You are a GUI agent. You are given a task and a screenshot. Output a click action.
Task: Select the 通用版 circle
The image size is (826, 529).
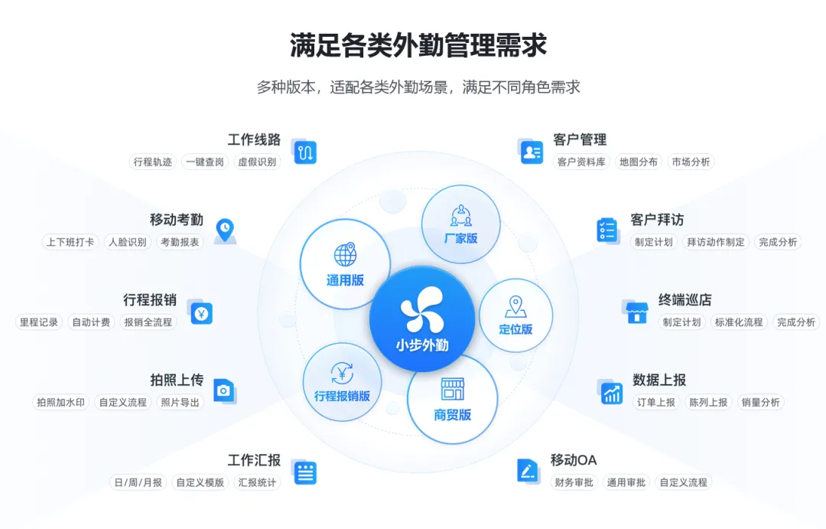point(345,264)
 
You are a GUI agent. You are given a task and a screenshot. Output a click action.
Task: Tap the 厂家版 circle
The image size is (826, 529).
point(460,224)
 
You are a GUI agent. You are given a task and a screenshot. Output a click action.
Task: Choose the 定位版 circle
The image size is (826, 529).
point(515,315)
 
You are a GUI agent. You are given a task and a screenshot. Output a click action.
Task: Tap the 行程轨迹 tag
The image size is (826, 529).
point(153,162)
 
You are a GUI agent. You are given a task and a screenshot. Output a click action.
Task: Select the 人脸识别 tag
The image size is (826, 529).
point(127,242)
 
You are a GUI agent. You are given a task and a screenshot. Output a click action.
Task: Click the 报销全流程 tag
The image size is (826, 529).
point(148,322)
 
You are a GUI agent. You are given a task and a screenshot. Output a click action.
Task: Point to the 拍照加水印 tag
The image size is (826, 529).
point(62,402)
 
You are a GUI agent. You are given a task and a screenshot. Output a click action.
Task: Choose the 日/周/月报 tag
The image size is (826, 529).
point(138,482)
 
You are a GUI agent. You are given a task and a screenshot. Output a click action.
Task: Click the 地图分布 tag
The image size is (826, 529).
point(639,162)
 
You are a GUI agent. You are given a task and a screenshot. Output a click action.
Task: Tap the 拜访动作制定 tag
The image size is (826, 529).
point(715,242)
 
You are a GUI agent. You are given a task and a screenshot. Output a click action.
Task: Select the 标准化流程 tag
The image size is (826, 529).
point(739,322)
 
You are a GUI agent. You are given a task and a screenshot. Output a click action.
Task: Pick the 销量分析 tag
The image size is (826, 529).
point(760,402)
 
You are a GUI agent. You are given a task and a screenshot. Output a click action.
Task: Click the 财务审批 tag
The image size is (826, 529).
point(574,482)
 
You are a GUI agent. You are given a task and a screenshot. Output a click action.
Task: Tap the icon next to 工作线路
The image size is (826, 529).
point(304,152)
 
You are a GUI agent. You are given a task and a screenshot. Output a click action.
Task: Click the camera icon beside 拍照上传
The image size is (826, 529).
point(223,390)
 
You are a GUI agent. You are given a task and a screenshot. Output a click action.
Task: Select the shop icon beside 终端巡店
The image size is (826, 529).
point(636,311)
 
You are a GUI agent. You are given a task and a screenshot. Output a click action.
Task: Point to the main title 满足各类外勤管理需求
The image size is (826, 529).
point(418,45)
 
